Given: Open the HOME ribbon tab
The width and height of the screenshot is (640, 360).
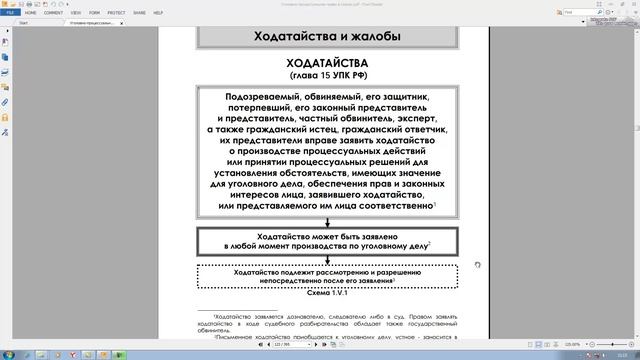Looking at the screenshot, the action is (x=30, y=13).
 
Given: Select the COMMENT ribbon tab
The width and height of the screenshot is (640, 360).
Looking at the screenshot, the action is (x=53, y=13).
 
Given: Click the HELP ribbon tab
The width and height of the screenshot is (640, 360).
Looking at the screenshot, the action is (x=158, y=13).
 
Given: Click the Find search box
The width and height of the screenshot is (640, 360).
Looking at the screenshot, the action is (x=585, y=13).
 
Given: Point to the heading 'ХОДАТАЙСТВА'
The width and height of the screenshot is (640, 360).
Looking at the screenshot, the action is (x=327, y=63).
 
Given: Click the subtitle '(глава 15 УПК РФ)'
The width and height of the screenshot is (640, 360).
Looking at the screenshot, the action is (x=327, y=75).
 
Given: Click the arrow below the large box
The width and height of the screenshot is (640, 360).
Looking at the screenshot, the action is (x=327, y=221).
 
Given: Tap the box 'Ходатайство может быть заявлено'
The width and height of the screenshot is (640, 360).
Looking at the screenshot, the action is (x=327, y=240).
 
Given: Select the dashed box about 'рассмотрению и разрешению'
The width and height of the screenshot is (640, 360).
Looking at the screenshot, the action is (x=327, y=276).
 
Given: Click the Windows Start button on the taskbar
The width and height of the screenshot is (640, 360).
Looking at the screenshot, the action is (x=8, y=354).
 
